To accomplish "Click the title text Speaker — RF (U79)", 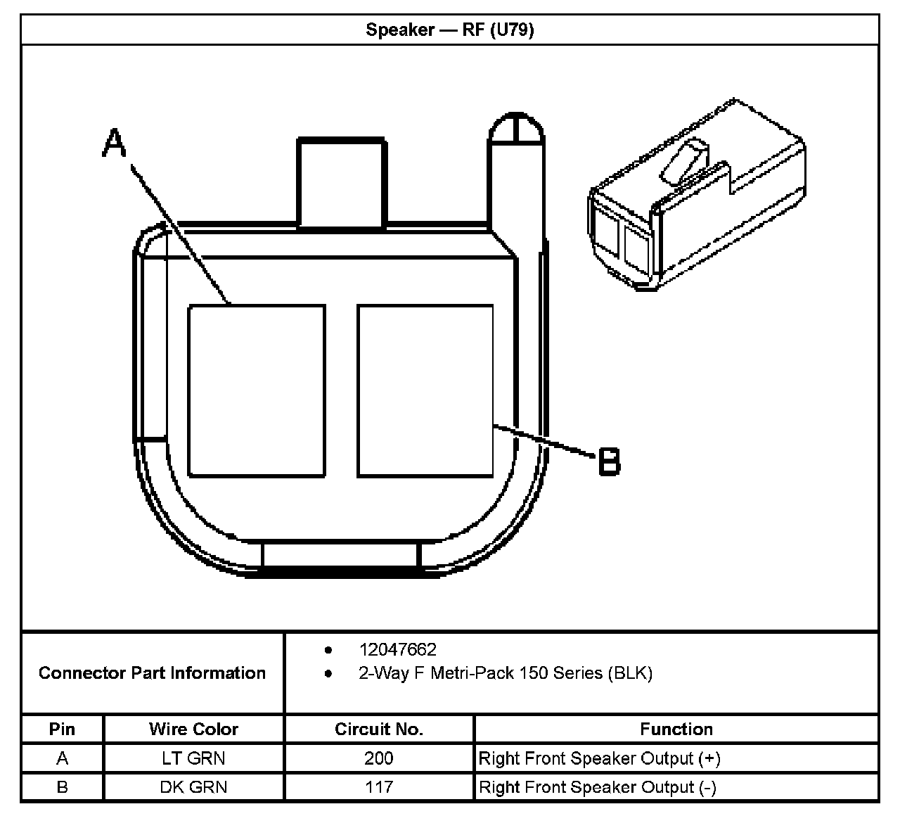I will click(x=449, y=30).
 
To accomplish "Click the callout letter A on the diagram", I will click(x=114, y=144).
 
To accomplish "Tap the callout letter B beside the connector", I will click(x=609, y=461).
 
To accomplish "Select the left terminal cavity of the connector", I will click(x=256, y=391).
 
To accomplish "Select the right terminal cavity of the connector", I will click(x=425, y=391).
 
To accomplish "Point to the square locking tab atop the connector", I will click(x=342, y=183).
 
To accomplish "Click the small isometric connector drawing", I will click(x=696, y=197).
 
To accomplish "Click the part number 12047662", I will click(x=397, y=649).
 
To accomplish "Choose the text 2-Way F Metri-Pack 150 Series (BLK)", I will click(x=506, y=673).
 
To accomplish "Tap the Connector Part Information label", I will click(x=152, y=673).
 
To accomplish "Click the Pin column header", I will click(x=62, y=729).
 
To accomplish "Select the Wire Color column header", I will click(x=193, y=729).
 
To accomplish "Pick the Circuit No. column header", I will click(x=379, y=729).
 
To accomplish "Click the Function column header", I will click(x=676, y=729).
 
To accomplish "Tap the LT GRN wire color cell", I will click(x=193, y=758).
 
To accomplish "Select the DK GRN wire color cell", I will click(x=193, y=786).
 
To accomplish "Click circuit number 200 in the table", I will click(x=379, y=758).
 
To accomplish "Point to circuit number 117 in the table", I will click(x=379, y=786).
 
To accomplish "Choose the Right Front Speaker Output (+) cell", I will click(x=600, y=758).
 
